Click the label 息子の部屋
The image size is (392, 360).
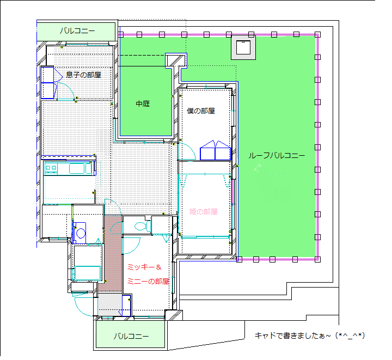coord(83,75)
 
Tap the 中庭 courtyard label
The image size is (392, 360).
coord(143,103)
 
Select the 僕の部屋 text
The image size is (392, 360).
coord(201,111)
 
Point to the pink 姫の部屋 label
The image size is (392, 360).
coord(203,212)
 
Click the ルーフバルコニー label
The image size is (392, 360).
coord(277,156)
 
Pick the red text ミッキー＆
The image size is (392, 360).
coord(144,267)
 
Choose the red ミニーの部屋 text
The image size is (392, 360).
coord(148,282)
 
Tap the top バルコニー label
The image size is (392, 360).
coord(77,31)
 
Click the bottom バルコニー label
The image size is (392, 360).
coord(131,336)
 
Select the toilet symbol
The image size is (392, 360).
coord(143,226)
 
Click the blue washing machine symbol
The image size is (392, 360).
coord(79,233)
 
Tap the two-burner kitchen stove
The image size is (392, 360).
coord(51,168)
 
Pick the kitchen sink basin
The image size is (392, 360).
coord(77,168)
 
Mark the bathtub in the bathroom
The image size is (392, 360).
coord(88,273)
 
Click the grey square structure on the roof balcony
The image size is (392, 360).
coord(243,47)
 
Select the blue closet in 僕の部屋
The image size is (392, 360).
coord(215,150)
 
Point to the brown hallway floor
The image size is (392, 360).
coord(113,253)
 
